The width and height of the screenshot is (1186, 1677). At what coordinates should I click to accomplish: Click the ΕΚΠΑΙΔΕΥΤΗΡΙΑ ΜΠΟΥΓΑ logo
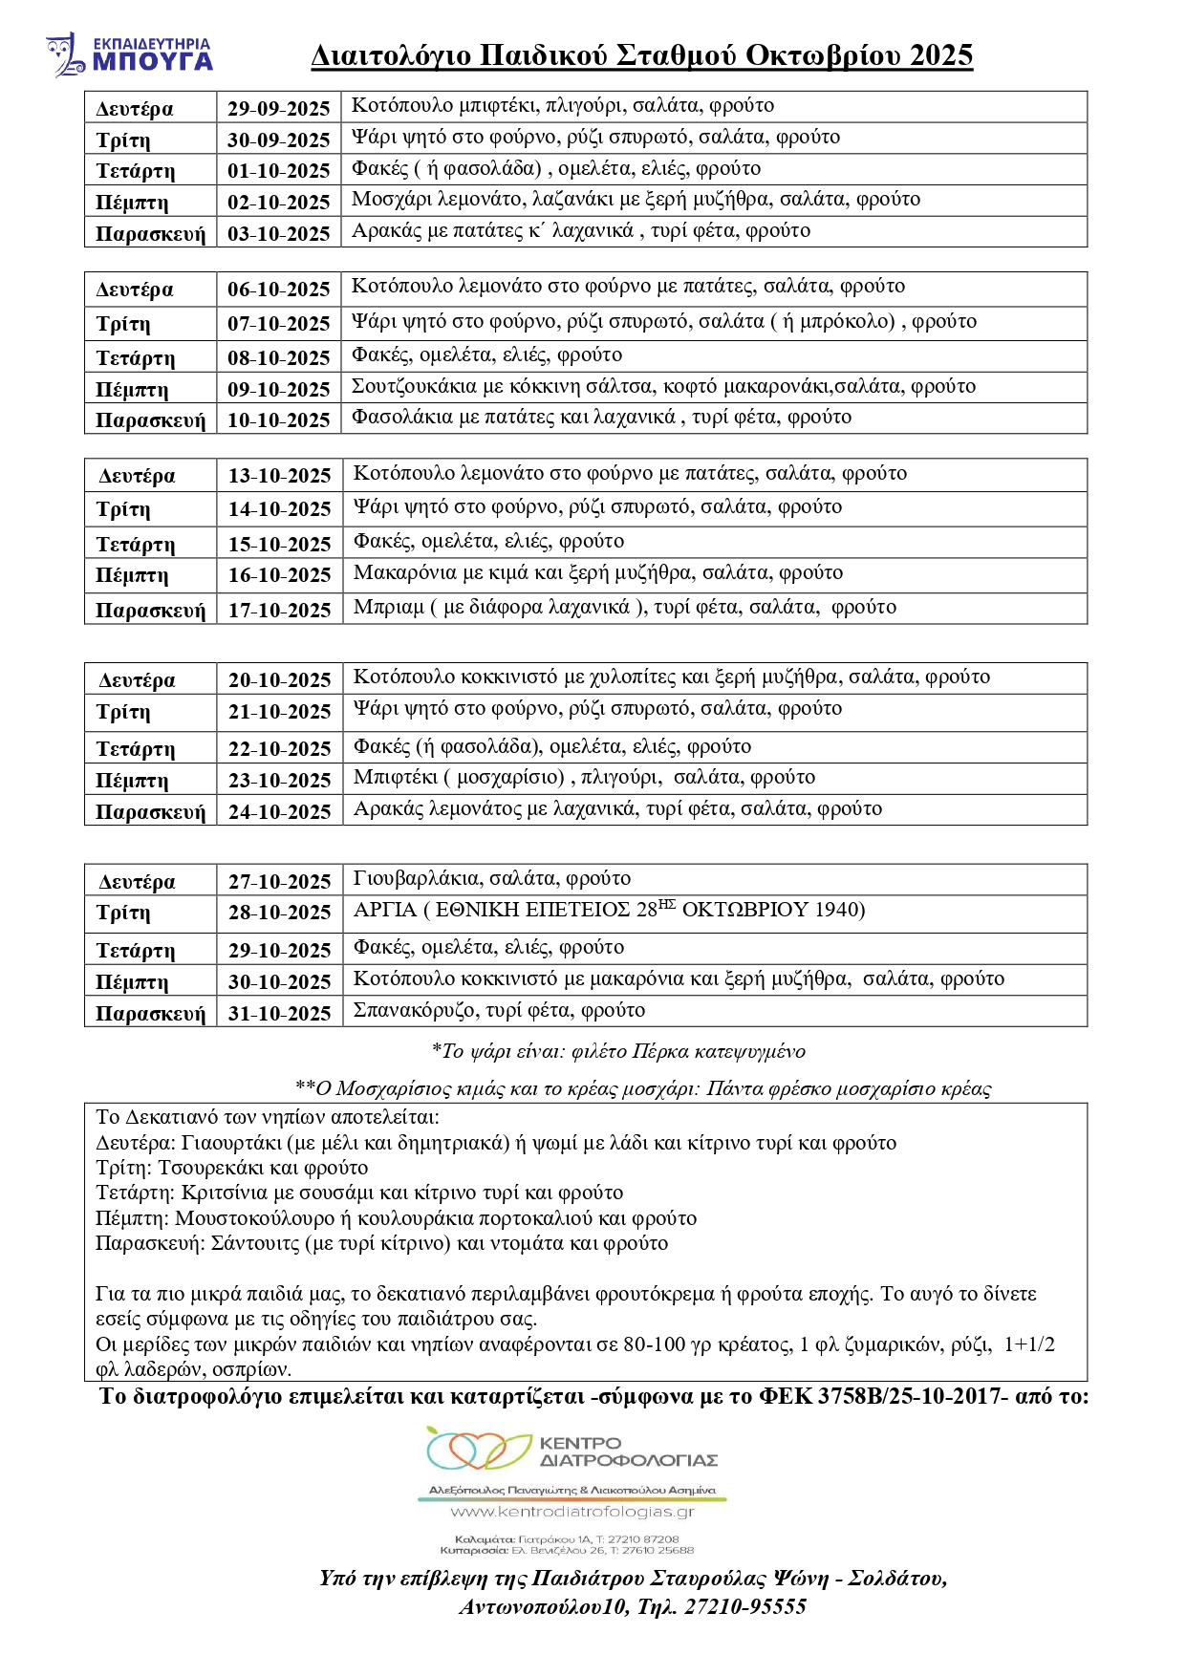click(x=129, y=54)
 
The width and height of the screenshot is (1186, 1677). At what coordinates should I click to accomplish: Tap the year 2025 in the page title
click(x=940, y=55)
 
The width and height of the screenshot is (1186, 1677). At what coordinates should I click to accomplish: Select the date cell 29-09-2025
click(x=278, y=108)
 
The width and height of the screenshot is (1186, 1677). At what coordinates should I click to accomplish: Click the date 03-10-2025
click(x=278, y=233)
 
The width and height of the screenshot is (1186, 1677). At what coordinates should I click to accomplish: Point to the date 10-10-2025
click(x=278, y=419)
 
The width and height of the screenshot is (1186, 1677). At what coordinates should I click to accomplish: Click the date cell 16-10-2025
click(x=279, y=575)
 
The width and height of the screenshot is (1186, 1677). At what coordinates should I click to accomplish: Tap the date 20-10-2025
click(x=279, y=680)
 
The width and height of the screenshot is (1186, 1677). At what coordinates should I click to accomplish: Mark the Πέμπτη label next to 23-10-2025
click(x=132, y=781)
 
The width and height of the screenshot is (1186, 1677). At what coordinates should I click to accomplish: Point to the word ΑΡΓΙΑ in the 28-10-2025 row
click(x=385, y=910)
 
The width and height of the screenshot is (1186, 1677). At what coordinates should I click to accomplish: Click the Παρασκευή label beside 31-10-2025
click(x=150, y=1014)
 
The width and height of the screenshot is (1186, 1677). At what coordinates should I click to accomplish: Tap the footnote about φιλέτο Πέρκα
click(x=618, y=1052)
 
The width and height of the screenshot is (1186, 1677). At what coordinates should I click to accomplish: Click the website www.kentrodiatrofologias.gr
click(x=571, y=1512)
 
